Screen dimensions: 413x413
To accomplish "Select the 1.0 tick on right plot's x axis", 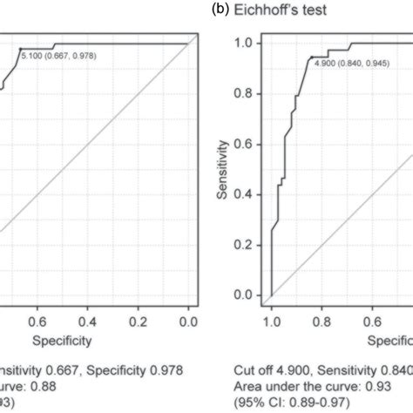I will (271, 320).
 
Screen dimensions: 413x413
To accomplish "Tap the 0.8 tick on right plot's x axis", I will (322, 320).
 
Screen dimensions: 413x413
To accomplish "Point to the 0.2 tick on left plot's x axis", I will (137, 320).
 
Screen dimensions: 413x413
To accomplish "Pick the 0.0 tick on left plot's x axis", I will (188, 320).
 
